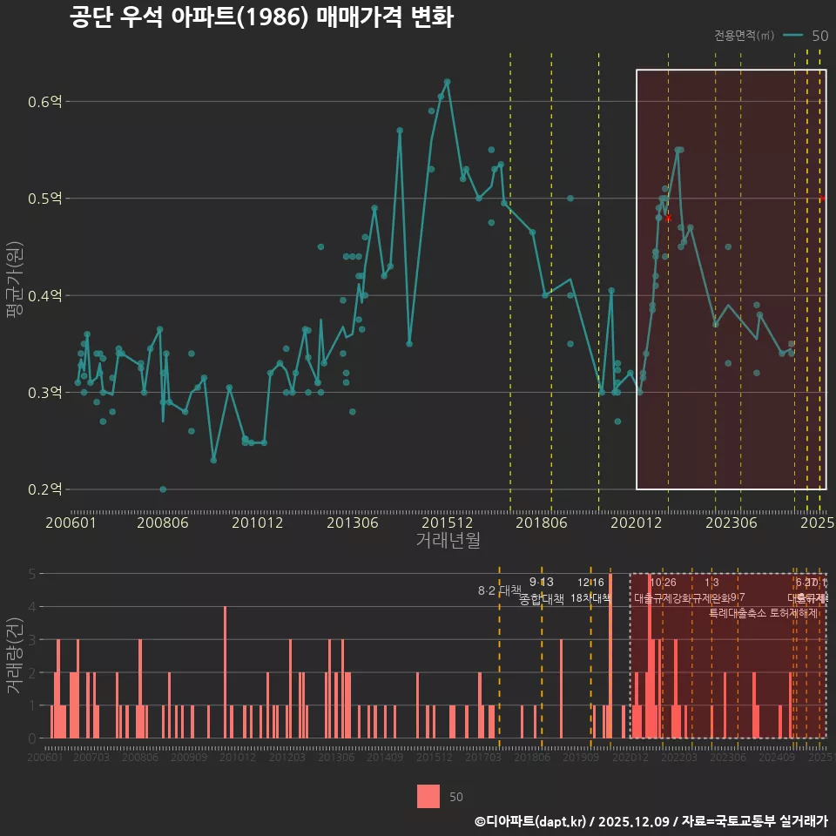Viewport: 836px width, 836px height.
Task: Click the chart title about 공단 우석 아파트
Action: (261, 18)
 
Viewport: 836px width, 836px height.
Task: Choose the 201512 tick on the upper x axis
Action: (448, 523)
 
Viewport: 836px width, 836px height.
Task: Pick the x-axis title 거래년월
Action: (448, 541)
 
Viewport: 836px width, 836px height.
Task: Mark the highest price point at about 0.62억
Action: (447, 82)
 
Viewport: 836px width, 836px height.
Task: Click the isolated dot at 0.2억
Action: (163, 489)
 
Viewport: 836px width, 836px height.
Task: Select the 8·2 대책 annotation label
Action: (499, 590)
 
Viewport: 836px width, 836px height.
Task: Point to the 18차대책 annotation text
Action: (590, 598)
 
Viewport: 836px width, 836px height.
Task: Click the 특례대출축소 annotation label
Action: (737, 612)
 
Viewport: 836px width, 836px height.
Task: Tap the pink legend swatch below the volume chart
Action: (428, 796)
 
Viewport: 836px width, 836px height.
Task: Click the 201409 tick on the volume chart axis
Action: (385, 758)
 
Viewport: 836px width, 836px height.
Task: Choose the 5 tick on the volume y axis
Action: (32, 574)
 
